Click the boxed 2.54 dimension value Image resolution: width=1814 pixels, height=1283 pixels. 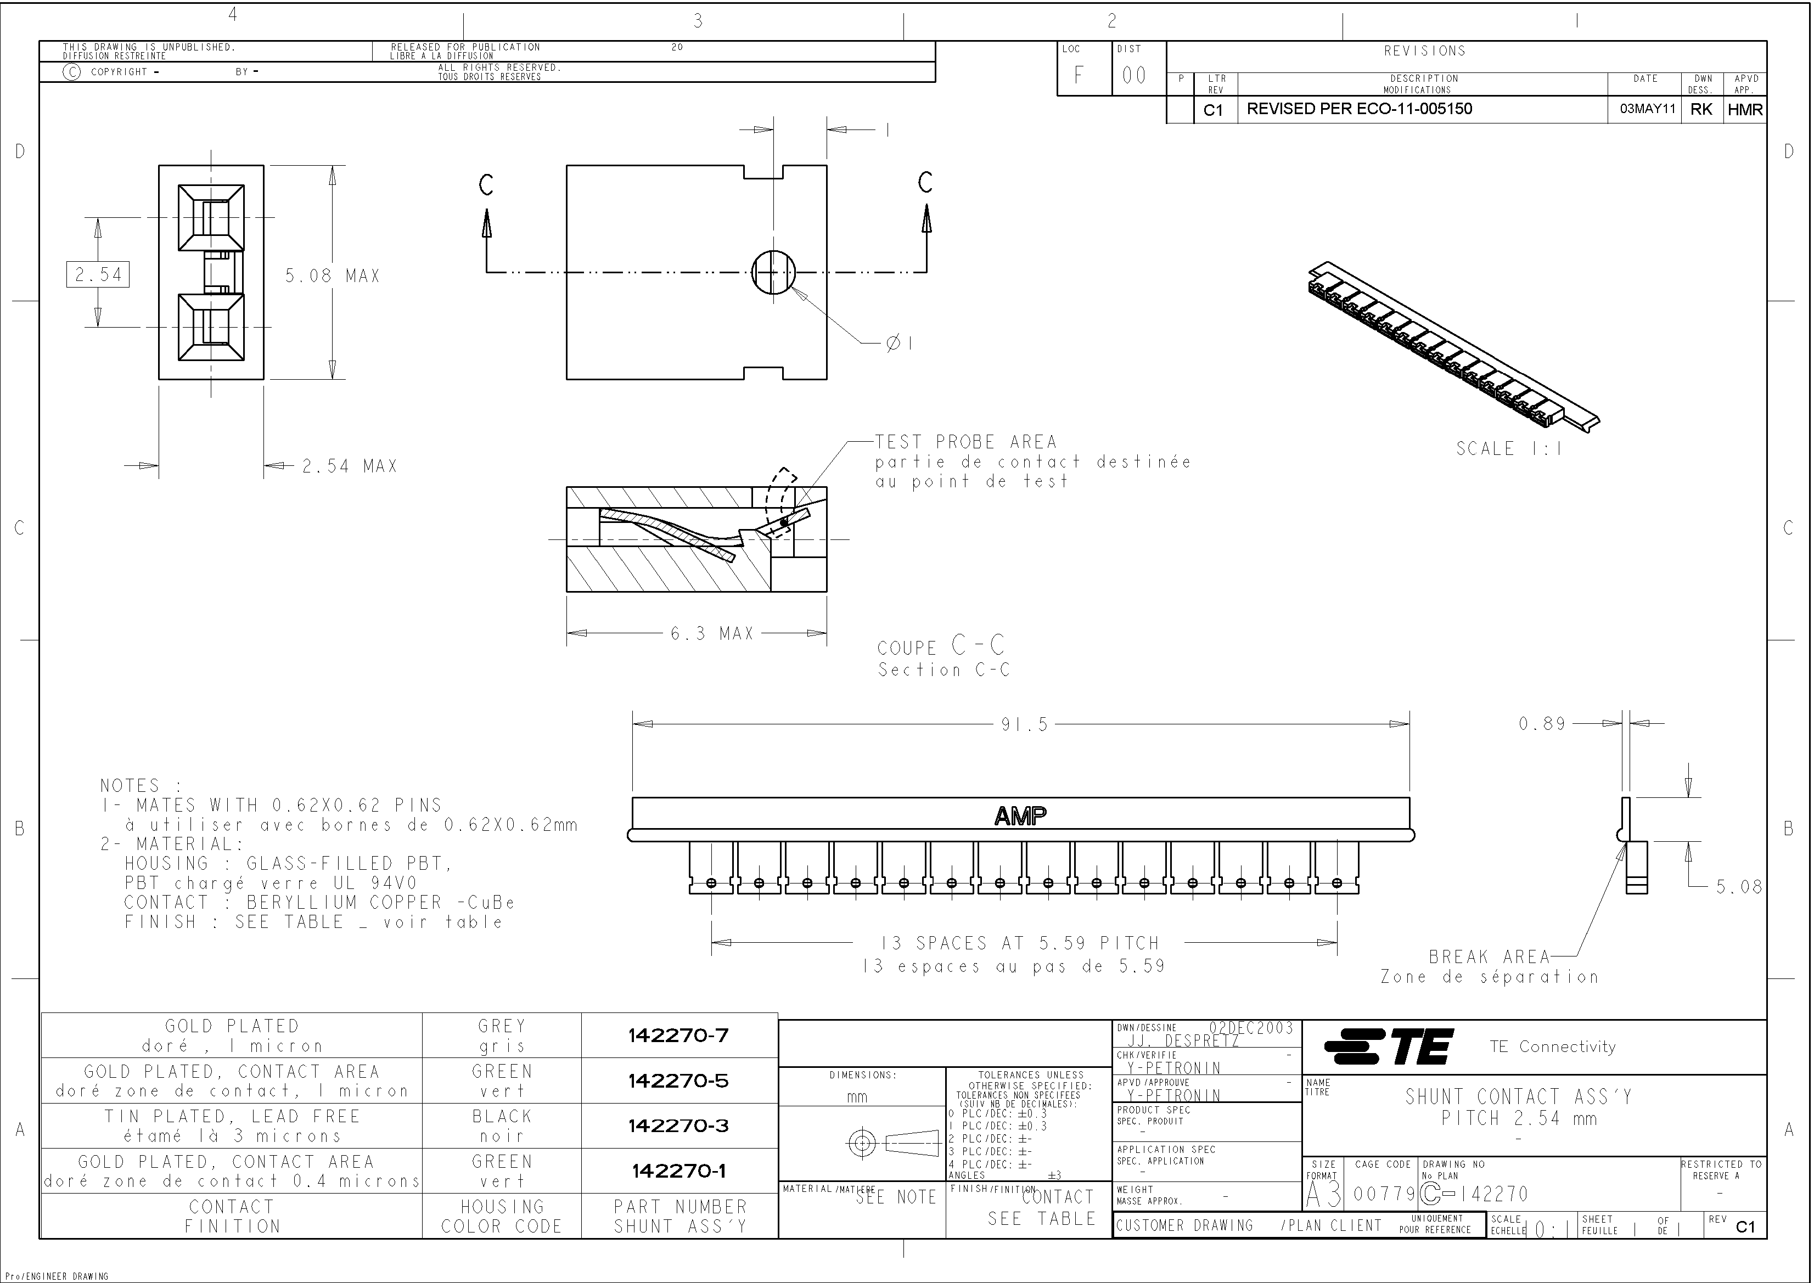(x=98, y=274)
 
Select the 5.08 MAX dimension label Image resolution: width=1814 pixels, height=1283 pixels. (x=333, y=275)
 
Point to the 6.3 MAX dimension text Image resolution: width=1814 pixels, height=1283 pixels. (x=712, y=634)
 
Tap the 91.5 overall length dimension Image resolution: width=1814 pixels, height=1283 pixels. (x=1025, y=724)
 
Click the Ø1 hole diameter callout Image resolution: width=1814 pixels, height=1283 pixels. (x=900, y=344)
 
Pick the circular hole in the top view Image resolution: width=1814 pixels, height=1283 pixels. (x=773, y=272)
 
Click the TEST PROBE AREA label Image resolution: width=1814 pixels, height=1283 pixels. (x=965, y=442)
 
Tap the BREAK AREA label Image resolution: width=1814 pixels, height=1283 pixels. (x=1489, y=956)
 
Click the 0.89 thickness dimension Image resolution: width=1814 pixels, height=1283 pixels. (x=1541, y=724)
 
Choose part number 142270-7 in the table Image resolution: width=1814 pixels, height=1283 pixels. (x=678, y=1035)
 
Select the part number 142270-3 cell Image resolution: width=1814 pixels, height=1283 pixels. (x=678, y=1126)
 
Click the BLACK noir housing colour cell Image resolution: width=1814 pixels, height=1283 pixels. (x=502, y=1126)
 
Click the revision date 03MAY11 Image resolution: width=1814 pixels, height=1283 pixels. (x=1647, y=109)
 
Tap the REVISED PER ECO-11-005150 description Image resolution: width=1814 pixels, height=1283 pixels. (x=1359, y=109)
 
